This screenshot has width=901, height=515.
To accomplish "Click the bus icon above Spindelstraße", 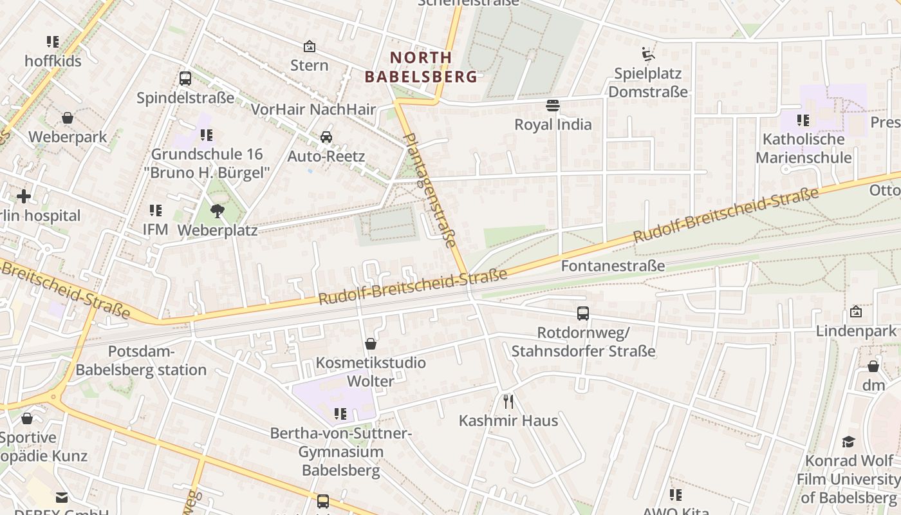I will click(185, 79).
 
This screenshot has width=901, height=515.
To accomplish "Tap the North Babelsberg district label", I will click(422, 67).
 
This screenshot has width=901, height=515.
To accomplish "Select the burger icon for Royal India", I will click(553, 105).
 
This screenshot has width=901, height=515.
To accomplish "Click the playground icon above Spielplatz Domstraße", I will click(648, 53).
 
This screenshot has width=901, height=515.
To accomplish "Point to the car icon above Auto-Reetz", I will click(326, 137).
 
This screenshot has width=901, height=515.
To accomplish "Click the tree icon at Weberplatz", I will click(218, 211).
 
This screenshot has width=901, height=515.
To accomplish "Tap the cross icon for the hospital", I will click(24, 196).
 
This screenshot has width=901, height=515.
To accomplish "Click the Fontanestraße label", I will click(613, 266).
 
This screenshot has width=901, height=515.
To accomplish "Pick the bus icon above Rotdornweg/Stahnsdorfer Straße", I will click(583, 314).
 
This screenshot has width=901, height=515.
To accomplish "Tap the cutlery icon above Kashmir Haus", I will click(508, 402).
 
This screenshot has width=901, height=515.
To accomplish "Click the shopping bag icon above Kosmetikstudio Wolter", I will click(371, 344).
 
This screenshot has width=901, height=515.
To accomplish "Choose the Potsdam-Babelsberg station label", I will click(141, 360).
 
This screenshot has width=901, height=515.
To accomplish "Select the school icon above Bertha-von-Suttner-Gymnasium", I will click(340, 413).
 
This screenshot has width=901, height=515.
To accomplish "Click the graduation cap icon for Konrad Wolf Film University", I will click(849, 442).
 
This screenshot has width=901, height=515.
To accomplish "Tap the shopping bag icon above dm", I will click(873, 366).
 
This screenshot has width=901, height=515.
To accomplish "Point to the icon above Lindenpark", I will click(856, 312).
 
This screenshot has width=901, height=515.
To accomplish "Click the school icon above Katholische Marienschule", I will click(803, 120).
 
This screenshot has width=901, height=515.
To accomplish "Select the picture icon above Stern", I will click(310, 46).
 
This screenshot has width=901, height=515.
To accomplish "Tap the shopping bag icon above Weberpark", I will click(68, 118).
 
